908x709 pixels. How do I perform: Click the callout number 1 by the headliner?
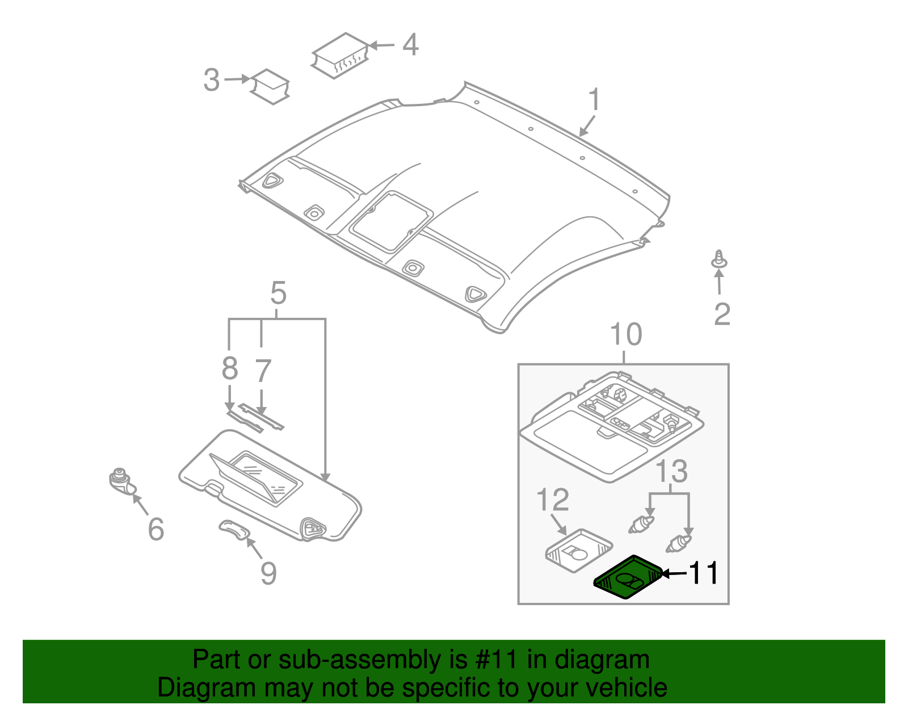594,100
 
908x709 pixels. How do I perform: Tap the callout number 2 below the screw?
721,314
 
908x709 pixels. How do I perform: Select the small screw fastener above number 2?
719,260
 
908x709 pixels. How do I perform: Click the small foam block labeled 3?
271,87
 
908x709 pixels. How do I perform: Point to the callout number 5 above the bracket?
278,293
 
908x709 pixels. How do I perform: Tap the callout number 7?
262,371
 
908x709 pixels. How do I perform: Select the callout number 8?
229,369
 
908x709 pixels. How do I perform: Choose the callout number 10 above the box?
625,335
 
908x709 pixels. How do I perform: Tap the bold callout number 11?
703,573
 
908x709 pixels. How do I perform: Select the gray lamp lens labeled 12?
578,547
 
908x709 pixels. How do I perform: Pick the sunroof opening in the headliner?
392,221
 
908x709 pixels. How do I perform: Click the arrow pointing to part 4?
382,45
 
